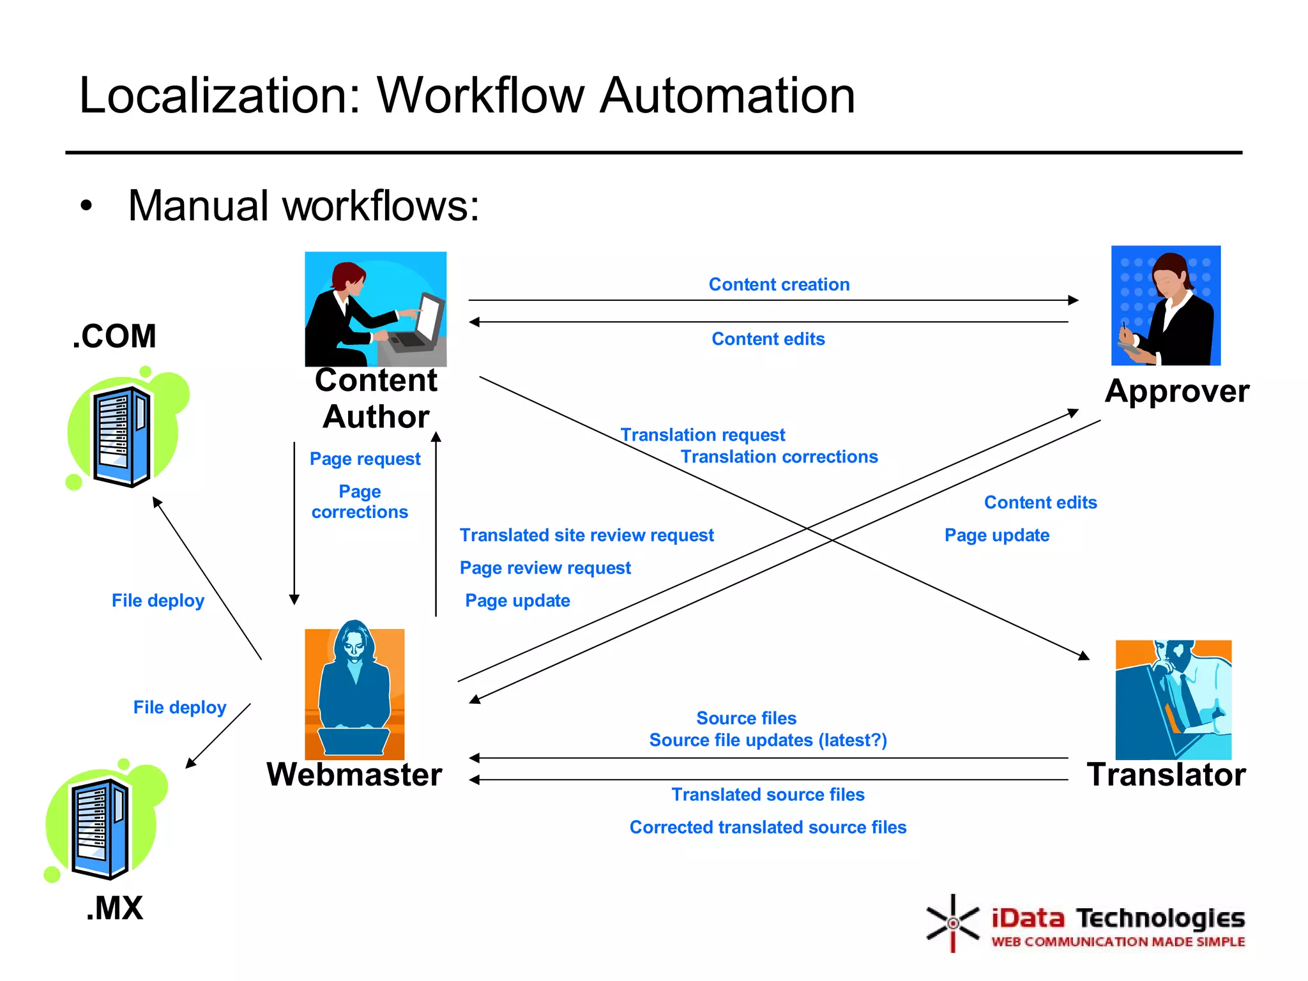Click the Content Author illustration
pos(376,308)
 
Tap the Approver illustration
pos(1166,305)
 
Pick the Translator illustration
pos(1173,699)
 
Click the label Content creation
pos(779,284)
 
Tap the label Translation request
pos(703,435)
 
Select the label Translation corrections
pos(779,457)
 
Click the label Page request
pos(365,459)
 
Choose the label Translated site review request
pos(586,535)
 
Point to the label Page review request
pos(545,568)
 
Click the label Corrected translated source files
pos(768,827)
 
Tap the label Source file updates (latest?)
pos(768,740)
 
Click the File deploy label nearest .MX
pos(179,708)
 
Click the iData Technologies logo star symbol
pos(952,923)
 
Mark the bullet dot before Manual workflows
pos(86,206)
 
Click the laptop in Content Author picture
pos(418,326)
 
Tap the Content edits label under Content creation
pos(768,339)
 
